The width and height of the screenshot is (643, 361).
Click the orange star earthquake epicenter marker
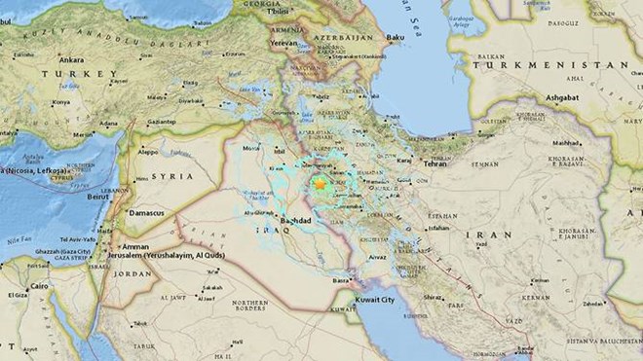coord(319,182)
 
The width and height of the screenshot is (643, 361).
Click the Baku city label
coord(395,38)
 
